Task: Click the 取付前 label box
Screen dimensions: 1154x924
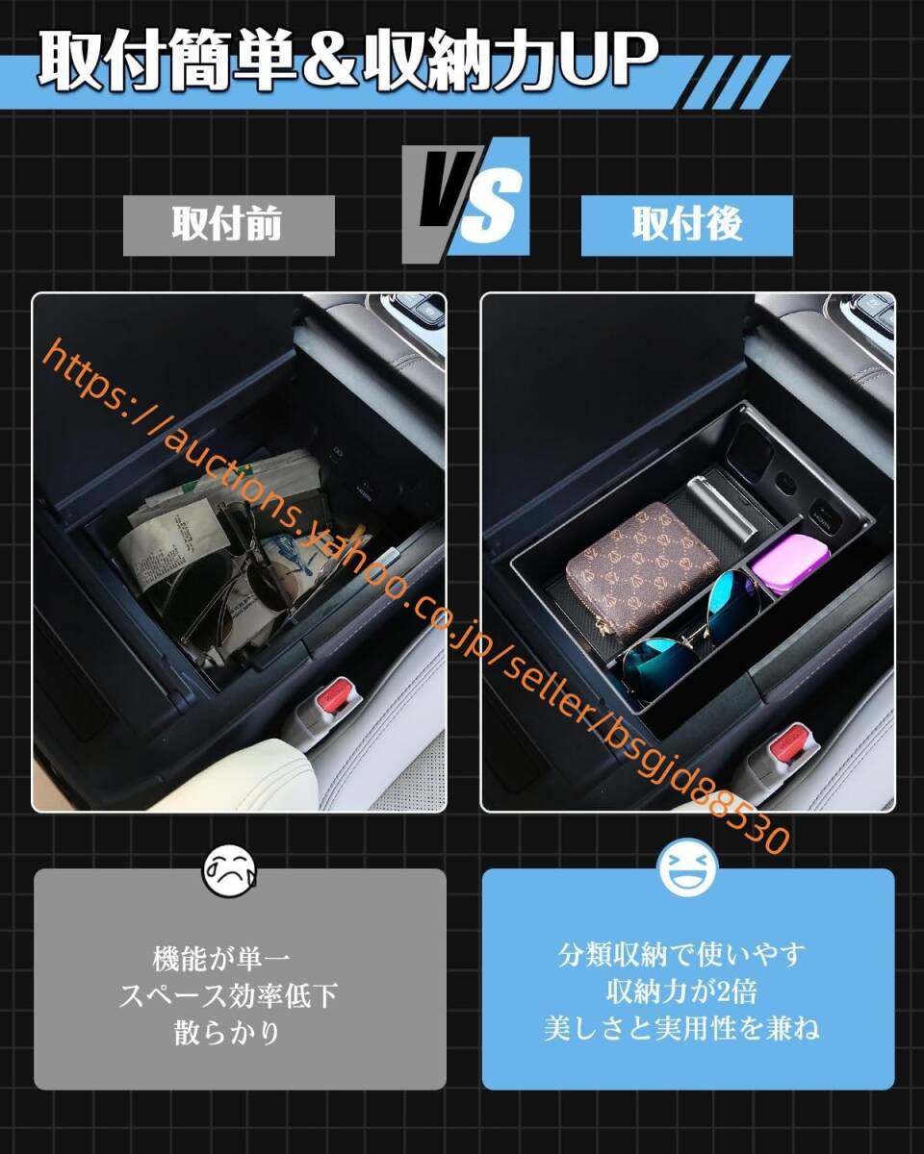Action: [x=228, y=225]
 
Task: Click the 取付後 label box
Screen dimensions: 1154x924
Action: [x=686, y=225]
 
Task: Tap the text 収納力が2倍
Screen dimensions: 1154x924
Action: [x=687, y=991]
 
